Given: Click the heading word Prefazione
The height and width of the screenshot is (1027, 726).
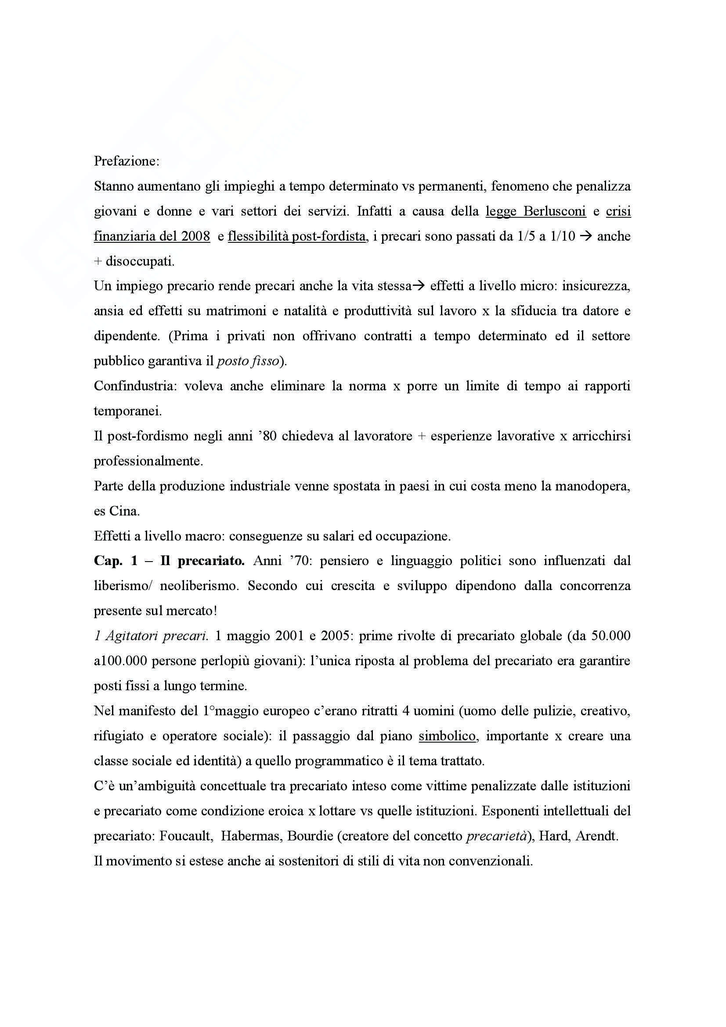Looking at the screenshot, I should (x=126, y=162).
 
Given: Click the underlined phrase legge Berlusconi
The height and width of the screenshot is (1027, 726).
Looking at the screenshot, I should (x=535, y=212).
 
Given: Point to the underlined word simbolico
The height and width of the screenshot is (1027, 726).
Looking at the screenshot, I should (x=447, y=736).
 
